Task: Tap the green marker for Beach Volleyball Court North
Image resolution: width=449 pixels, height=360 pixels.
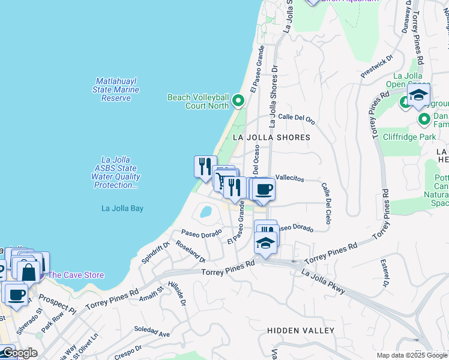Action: click(238, 101)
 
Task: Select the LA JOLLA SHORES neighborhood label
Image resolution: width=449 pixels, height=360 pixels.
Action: click(271, 137)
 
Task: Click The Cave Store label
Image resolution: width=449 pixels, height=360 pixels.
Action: click(76, 275)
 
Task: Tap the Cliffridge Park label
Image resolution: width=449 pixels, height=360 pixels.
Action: click(408, 137)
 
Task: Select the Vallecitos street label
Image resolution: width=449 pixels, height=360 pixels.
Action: click(291, 179)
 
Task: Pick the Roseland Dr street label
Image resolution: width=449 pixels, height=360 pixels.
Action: click(191, 251)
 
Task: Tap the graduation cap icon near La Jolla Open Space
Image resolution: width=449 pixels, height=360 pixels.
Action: click(418, 95)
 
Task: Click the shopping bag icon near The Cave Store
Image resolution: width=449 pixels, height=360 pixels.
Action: click(28, 271)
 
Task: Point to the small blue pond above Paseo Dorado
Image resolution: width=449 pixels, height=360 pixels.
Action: click(205, 212)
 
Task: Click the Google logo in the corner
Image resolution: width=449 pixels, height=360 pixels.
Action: click(19, 353)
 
